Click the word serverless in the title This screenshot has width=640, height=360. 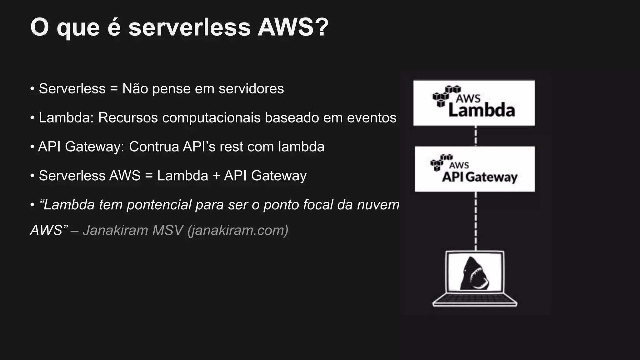[x=189, y=27]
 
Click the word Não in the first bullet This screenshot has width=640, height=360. [x=135, y=89]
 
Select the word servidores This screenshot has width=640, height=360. [x=251, y=89]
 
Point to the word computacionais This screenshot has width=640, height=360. [x=211, y=118]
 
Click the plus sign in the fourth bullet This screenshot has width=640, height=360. [x=216, y=176]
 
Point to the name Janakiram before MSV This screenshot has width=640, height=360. [x=115, y=231]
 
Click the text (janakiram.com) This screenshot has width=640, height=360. [x=238, y=231]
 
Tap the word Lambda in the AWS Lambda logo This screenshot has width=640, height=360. [x=481, y=111]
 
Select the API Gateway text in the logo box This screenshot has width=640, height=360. [x=479, y=177]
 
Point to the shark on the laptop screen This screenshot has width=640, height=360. [x=474, y=274]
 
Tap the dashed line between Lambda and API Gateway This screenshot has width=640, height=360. [x=476, y=136]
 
